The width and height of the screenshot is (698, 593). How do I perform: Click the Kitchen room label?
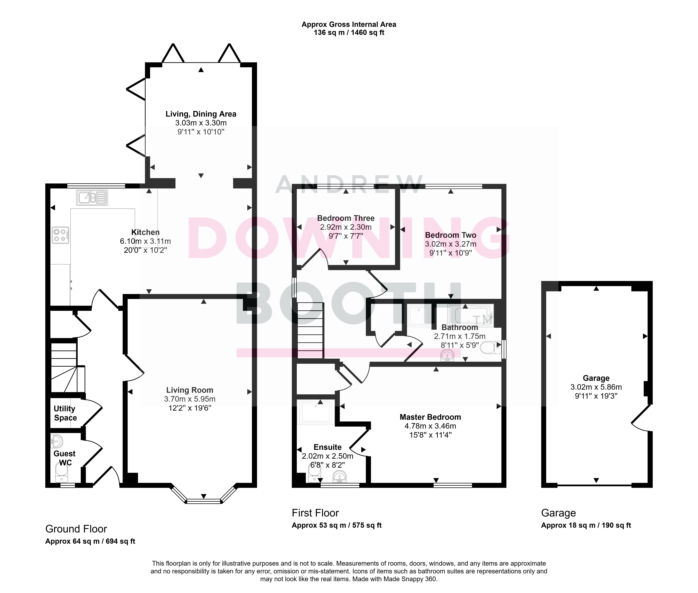coord(145,232)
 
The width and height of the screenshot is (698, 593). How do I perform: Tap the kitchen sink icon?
coord(92,198)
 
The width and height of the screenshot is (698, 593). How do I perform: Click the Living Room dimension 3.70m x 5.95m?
coord(190,399)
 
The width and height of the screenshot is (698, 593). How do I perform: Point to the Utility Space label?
coord(65,413)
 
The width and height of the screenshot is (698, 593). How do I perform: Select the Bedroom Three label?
coord(346,218)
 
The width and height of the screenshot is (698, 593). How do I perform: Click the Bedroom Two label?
coord(451,235)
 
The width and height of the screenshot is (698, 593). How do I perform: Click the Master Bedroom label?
coord(430,417)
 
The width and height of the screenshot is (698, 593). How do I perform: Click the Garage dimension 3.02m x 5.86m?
coord(596,387)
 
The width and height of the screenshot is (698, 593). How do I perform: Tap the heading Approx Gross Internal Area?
coord(349,24)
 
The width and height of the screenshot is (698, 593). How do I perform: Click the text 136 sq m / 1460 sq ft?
coord(349,33)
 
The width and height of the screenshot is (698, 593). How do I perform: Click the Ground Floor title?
coord(76,529)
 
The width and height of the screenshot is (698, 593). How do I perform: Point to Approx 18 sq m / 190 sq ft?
coord(586,525)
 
